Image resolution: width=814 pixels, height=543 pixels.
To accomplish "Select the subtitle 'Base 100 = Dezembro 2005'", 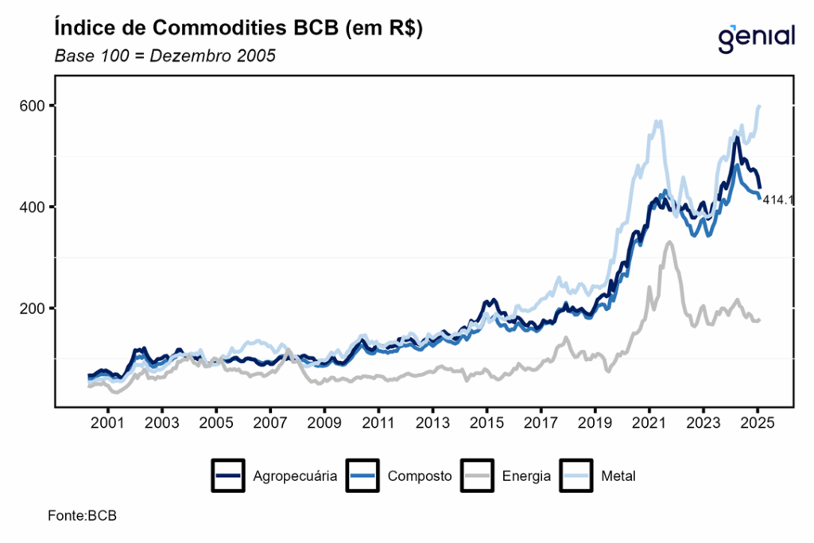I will click(x=165, y=57).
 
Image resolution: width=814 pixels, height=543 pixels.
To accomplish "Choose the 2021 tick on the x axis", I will click(x=649, y=422).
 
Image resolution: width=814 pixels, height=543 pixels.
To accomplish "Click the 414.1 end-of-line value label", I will click(x=778, y=201).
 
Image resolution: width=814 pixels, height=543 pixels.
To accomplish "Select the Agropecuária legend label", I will click(x=295, y=477).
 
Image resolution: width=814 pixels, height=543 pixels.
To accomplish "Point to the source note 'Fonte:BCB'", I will click(x=82, y=516).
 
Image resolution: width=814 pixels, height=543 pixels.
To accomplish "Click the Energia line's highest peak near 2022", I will click(x=669, y=242).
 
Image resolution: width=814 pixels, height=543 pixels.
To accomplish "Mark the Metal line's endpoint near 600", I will click(x=760, y=106).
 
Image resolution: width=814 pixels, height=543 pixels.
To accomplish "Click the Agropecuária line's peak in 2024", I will click(x=737, y=138).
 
